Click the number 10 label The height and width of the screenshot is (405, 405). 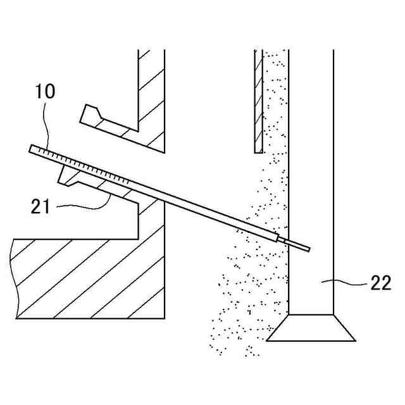tap(46, 91)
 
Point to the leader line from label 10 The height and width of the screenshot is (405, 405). tap(44, 127)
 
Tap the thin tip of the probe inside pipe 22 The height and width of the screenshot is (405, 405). tap(297, 245)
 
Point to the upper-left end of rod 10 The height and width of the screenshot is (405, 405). tap(32, 149)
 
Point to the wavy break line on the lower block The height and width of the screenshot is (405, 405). tap(14, 278)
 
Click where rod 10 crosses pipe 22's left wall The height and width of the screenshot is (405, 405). tap(288, 241)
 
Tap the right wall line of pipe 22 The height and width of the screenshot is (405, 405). tap(333, 190)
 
